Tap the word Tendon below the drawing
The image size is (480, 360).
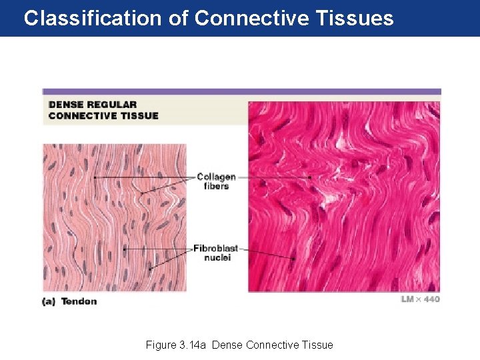(x=79, y=302)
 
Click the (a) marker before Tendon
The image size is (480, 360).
(x=49, y=302)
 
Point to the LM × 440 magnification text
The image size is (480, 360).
(x=420, y=299)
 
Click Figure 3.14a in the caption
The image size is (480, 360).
(x=175, y=345)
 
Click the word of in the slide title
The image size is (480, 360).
(x=178, y=18)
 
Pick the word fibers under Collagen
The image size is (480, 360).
(x=216, y=186)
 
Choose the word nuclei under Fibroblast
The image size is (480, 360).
(x=216, y=258)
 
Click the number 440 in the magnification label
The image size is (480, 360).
(x=431, y=299)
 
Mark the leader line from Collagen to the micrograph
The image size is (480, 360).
(x=273, y=177)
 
